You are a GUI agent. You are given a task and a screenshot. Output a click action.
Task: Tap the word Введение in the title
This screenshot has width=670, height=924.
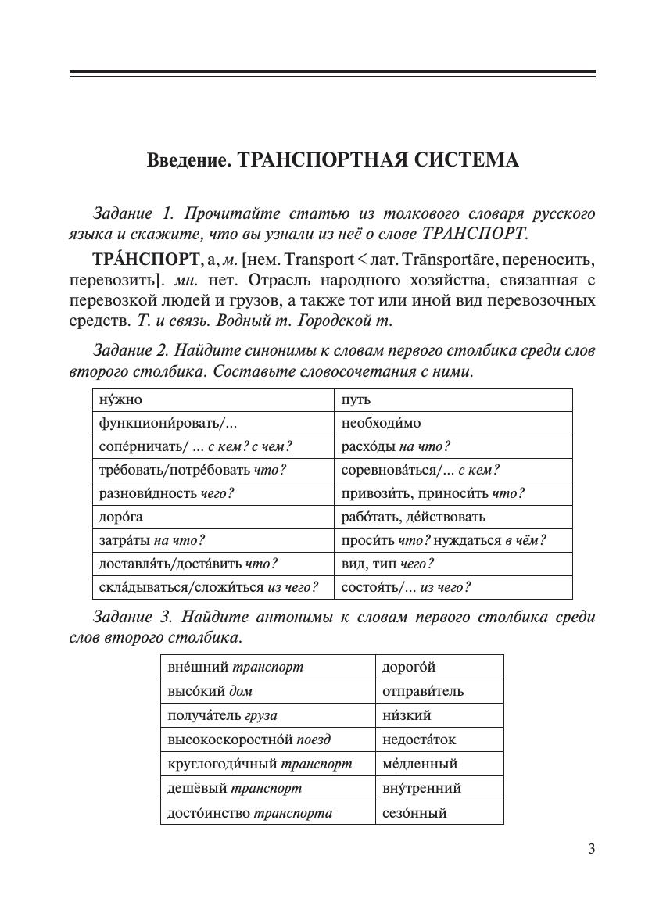188,160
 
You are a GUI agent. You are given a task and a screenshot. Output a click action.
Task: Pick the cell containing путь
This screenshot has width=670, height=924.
453,399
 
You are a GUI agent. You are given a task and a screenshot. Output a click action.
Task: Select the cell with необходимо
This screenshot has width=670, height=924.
453,423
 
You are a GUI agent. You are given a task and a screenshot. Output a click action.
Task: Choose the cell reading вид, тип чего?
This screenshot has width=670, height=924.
453,564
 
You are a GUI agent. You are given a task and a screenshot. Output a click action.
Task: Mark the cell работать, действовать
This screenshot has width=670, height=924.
453,517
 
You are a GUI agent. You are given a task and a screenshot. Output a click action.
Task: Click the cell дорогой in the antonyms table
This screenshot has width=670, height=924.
439,667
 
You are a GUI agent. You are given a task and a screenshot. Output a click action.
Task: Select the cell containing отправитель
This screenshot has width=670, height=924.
439,691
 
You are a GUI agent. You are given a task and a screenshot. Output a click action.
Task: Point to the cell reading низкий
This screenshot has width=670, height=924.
439,715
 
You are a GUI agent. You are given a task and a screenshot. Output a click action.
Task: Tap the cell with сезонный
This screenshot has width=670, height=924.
439,812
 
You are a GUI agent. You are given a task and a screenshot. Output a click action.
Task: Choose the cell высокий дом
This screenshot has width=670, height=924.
267,691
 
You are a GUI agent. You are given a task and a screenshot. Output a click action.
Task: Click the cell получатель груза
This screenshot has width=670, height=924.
267,715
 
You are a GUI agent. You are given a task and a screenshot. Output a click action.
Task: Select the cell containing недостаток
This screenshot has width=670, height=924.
439,740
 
